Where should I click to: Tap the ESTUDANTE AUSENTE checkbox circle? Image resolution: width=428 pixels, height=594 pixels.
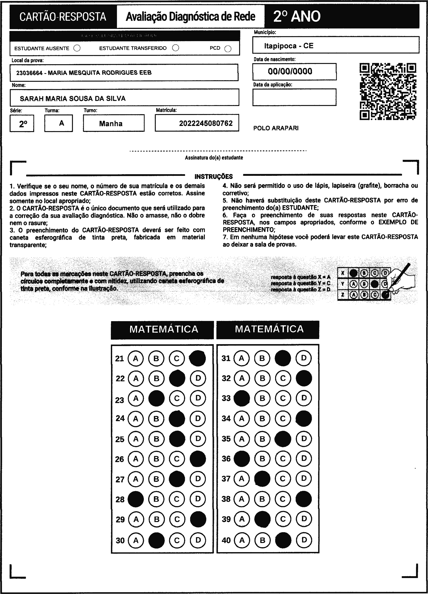(77, 48)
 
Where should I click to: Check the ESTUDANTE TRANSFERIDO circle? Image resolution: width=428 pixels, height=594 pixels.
(176, 48)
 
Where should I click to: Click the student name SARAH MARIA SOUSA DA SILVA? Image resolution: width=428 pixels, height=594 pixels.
(73, 99)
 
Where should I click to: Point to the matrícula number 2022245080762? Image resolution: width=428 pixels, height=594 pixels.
(206, 123)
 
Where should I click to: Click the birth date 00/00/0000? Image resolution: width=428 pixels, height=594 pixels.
(290, 71)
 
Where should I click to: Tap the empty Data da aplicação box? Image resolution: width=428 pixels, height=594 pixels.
(294, 97)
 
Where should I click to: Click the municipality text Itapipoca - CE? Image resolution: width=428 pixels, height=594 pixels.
(289, 46)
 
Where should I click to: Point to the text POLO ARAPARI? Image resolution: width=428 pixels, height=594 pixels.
(276, 128)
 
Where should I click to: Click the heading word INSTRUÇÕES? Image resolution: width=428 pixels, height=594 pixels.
(214, 177)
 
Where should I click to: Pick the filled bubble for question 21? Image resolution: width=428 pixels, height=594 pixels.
(197, 358)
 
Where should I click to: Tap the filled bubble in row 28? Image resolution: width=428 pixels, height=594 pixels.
(136, 499)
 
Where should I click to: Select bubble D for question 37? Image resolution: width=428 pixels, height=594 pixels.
(304, 479)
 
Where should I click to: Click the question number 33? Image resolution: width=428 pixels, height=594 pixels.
(226, 398)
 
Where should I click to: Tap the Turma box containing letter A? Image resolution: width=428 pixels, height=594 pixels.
(59, 123)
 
